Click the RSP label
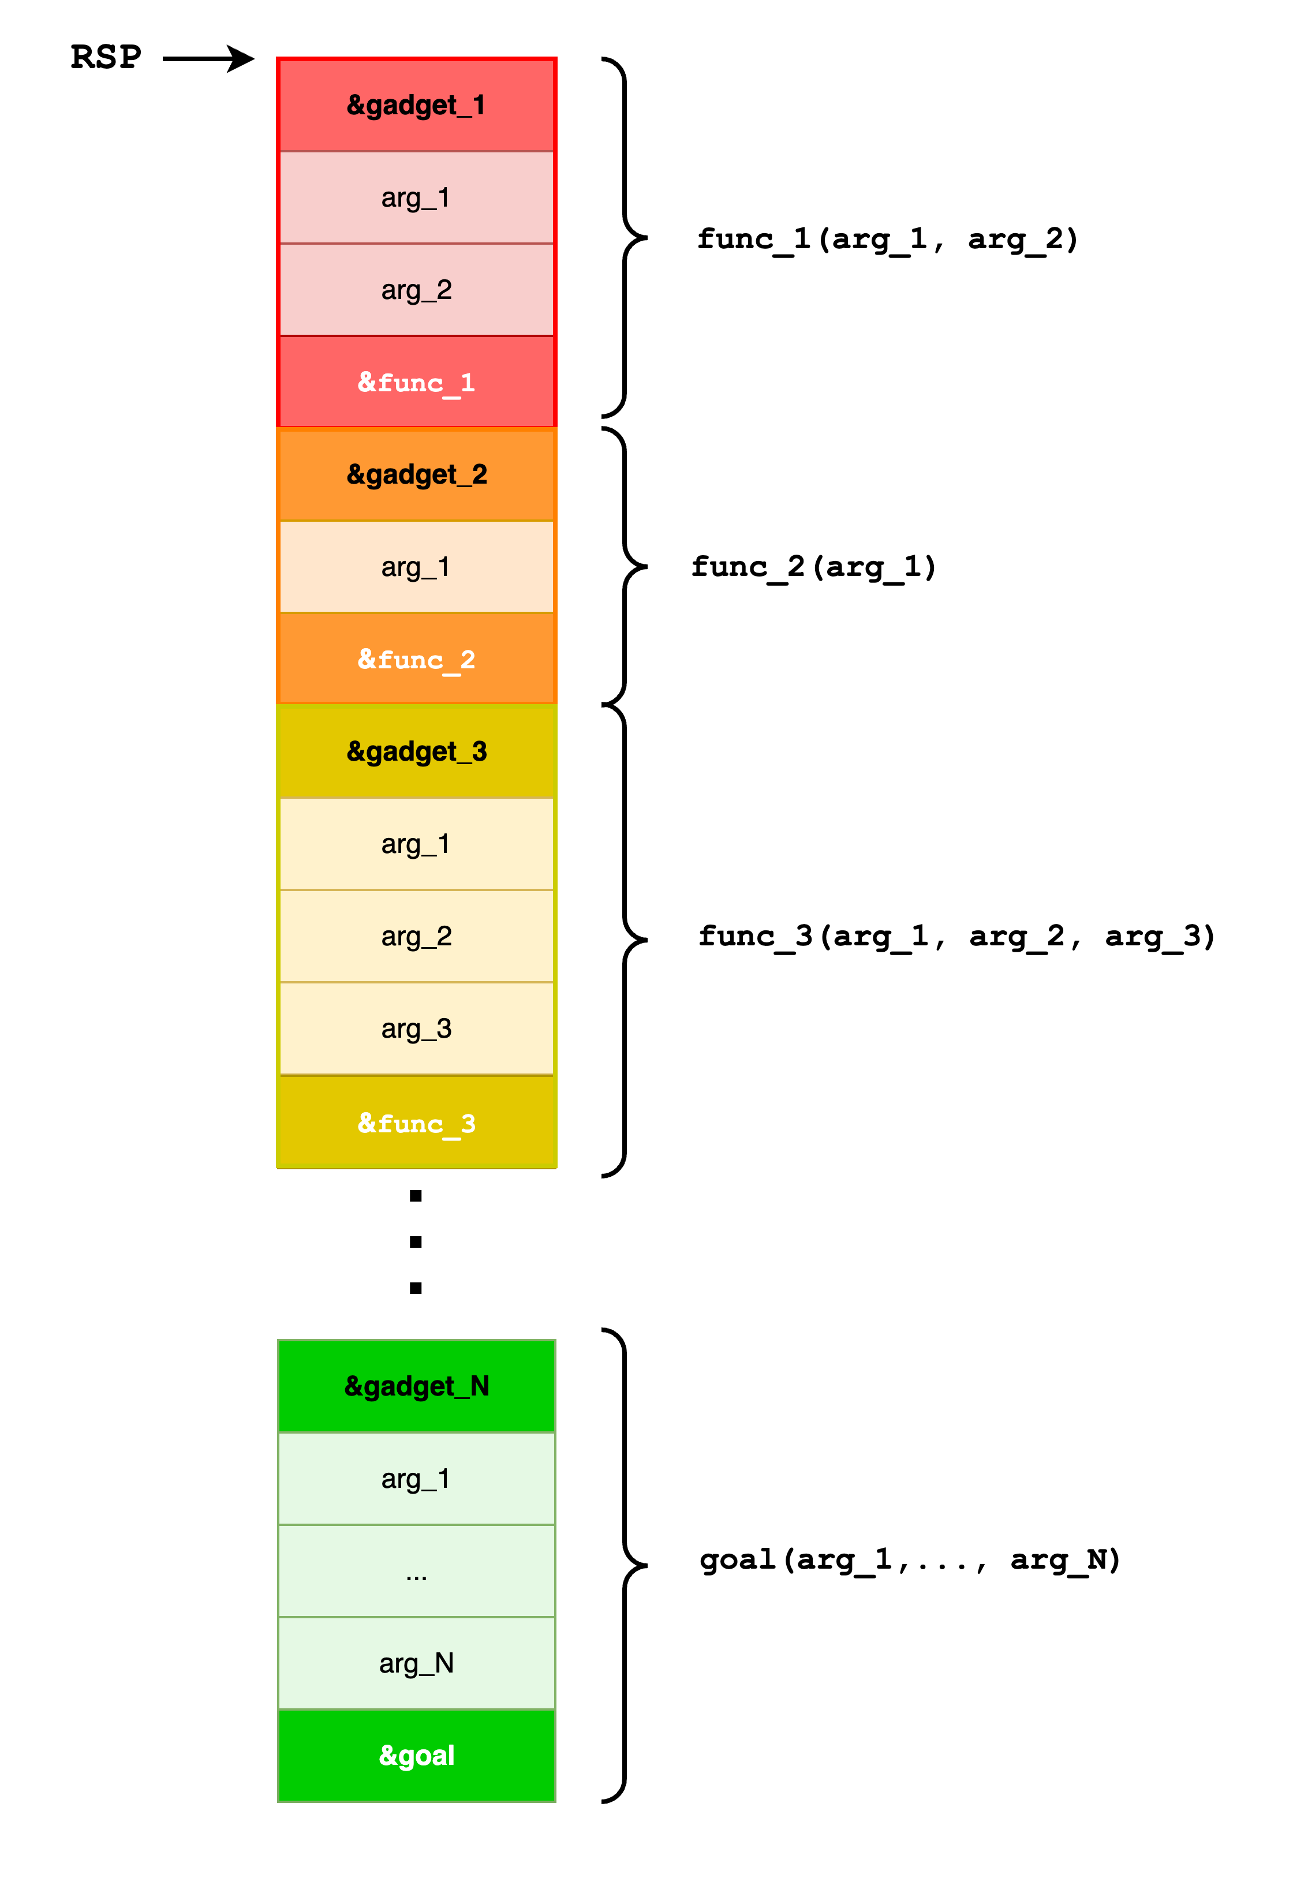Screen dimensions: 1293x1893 [106, 58]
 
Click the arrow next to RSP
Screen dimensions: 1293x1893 [208, 59]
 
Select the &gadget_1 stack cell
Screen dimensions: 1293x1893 [416, 105]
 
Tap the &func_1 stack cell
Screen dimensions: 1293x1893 [416, 382]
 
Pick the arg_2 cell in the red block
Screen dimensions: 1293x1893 [416, 290]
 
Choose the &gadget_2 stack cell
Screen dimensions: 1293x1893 [416, 474]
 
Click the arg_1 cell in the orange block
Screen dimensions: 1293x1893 [416, 567]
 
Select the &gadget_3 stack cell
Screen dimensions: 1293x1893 [416, 751]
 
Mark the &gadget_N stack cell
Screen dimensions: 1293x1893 [416, 1386]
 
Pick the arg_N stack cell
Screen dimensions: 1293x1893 [416, 1663]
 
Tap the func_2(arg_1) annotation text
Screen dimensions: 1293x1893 [814, 567]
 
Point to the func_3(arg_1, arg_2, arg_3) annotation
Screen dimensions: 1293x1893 [957, 937]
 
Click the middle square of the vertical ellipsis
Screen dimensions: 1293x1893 [416, 1242]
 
